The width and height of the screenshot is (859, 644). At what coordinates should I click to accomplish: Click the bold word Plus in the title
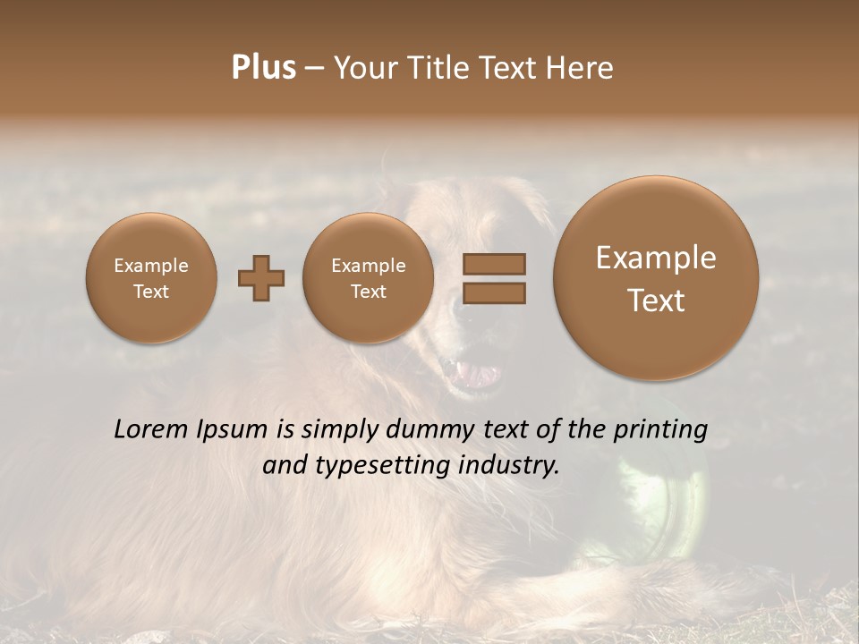click(263, 68)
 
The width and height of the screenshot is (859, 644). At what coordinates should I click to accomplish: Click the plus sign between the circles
click(261, 278)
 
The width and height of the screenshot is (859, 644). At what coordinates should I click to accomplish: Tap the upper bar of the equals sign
click(494, 264)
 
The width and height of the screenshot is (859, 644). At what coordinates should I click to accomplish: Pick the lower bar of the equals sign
click(494, 292)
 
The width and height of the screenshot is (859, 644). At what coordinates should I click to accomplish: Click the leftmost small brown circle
click(151, 278)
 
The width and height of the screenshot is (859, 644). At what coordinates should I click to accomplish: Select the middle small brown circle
click(368, 278)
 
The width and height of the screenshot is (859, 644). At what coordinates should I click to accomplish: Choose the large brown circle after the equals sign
click(656, 278)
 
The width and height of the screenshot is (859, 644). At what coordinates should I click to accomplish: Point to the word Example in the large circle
click(656, 258)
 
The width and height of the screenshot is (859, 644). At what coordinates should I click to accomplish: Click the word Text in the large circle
click(656, 301)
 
